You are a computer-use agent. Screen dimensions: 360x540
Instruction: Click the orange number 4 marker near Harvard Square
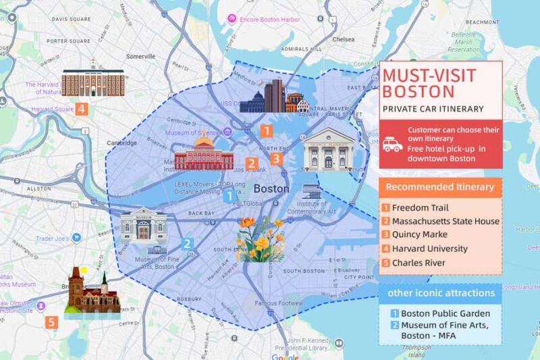81,107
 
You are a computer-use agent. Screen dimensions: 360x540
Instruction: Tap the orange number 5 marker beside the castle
53,322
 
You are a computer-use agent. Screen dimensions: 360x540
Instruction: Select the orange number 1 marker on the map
267,130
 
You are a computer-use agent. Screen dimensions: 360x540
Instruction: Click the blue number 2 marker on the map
188,244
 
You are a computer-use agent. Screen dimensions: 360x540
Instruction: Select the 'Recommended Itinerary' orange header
440,187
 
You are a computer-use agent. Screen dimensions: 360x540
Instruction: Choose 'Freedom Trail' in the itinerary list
420,208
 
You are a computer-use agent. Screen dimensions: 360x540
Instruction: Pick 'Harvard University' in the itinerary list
429,249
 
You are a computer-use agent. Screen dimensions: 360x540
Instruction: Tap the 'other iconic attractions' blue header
440,293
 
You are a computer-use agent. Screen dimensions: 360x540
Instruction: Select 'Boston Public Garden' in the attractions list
445,313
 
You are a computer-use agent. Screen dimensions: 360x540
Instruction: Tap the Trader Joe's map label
53,238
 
